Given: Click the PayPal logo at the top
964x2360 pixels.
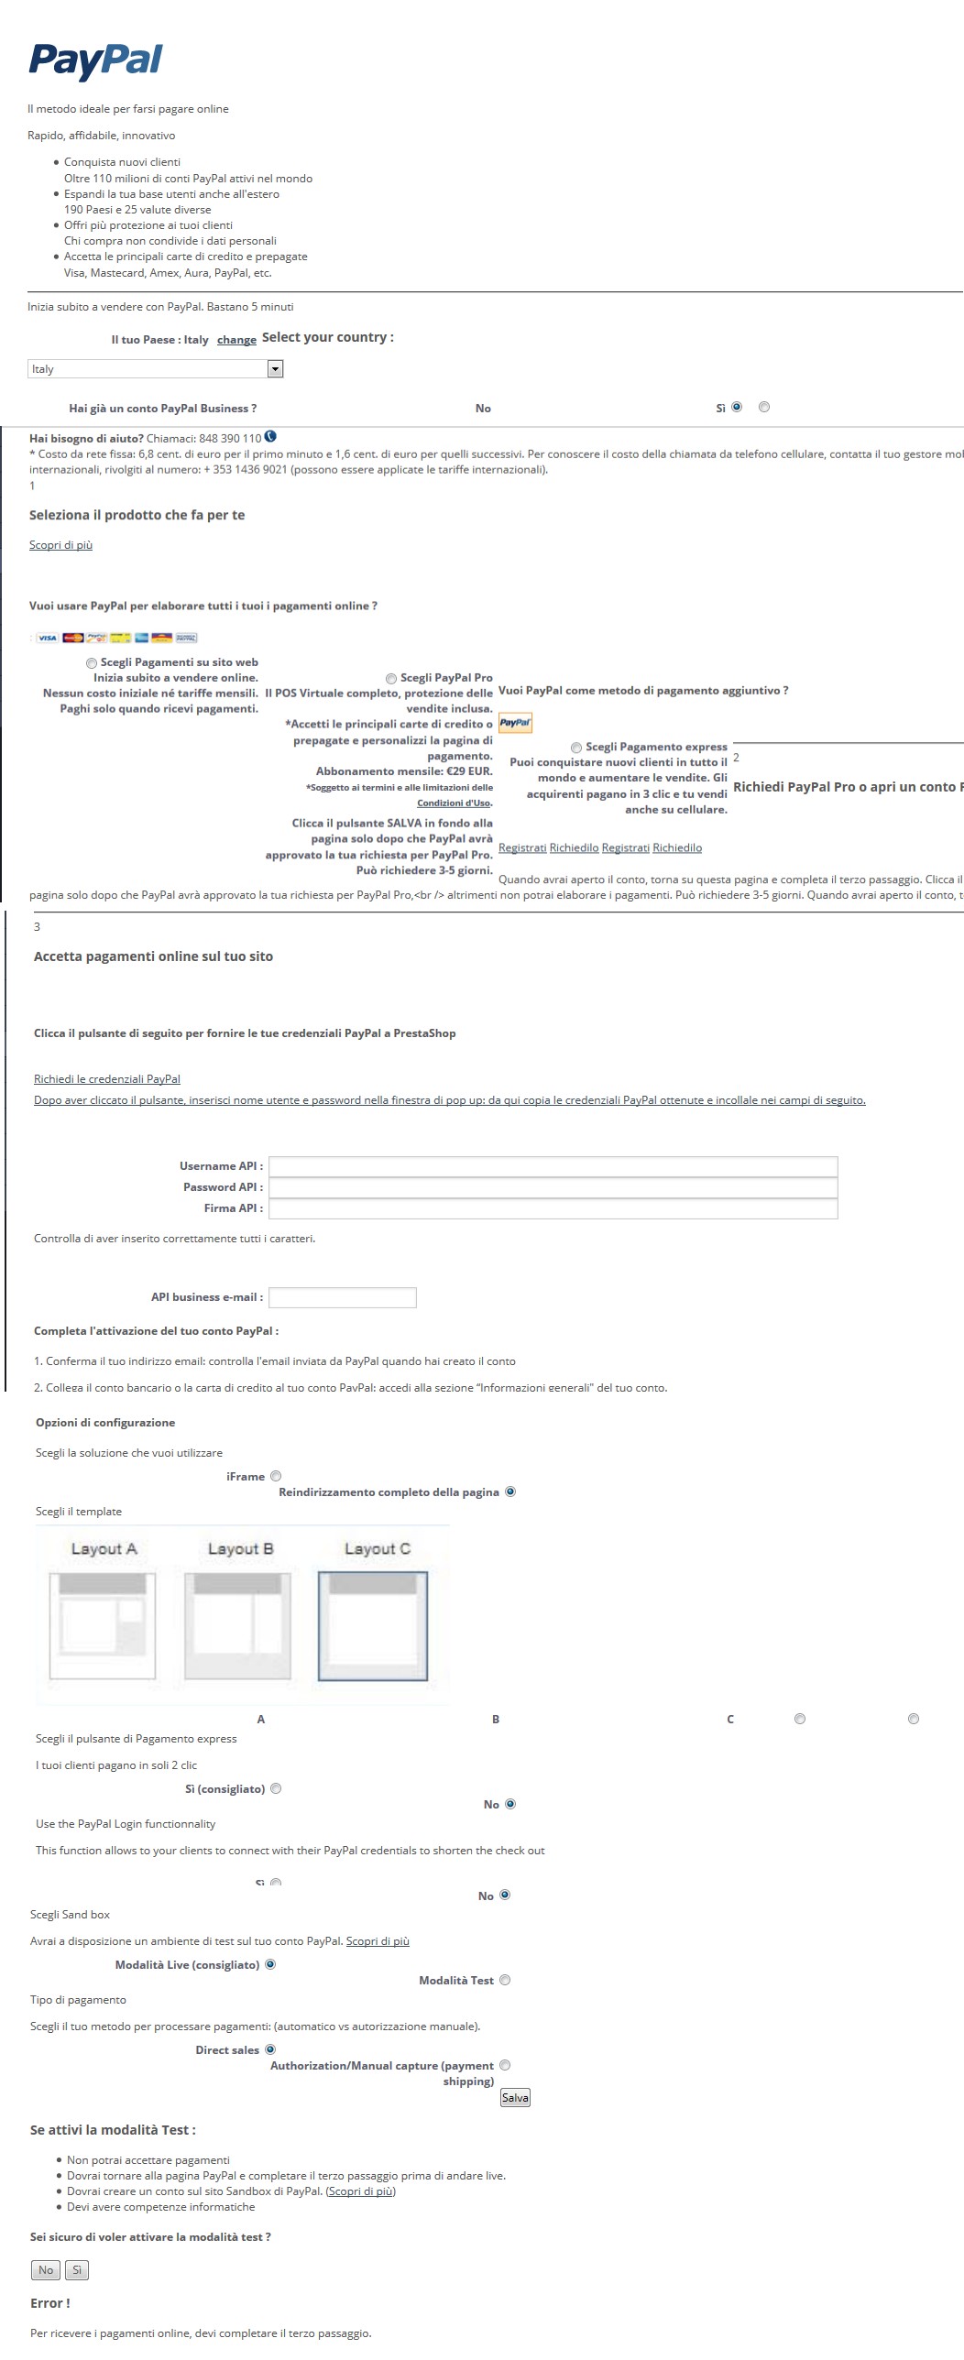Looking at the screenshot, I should pos(95,60).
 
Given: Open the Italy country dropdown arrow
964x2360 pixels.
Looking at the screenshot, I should pos(275,369).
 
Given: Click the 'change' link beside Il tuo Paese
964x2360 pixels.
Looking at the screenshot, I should pos(236,340).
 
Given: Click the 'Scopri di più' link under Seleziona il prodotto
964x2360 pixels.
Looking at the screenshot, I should pos(60,545).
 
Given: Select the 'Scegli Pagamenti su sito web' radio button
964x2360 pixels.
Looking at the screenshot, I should pos(92,663).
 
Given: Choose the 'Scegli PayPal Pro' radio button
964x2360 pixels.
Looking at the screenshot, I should pos(391,679).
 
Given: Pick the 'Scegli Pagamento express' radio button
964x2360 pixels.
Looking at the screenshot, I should pos(576,748).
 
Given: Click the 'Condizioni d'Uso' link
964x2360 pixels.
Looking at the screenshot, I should pos(455,803).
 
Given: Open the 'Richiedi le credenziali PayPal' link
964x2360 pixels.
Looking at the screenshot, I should pos(107,1079).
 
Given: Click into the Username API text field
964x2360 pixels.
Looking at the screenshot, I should pos(553,1166).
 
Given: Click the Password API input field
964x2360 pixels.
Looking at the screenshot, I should pos(553,1187).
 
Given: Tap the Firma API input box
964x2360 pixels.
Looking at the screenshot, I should pos(553,1208).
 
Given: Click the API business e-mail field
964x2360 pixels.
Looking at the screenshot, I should pos(342,1297).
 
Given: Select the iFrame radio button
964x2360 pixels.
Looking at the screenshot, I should pos(276,1476).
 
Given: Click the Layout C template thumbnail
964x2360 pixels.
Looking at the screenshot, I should pos(373,1625).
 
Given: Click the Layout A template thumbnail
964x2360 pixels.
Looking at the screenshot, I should pos(102,1625).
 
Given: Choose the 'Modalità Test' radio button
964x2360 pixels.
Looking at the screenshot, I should pos(505,1980).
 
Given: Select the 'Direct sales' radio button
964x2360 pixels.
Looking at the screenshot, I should pos(270,2049).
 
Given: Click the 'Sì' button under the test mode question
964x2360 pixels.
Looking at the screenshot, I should pos(77,2270).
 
